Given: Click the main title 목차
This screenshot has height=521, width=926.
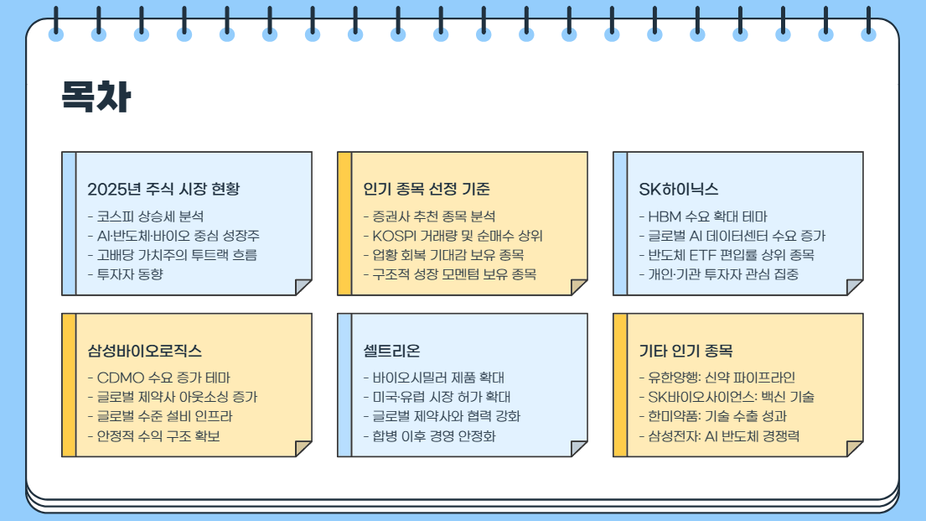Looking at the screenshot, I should [x=96, y=97].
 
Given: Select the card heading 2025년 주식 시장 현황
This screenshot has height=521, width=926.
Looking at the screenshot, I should [x=163, y=190].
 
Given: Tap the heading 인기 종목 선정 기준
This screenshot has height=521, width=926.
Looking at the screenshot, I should [x=427, y=190].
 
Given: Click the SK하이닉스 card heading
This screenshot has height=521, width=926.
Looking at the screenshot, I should [x=678, y=190].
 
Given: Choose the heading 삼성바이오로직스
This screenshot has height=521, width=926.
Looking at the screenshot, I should [x=144, y=351].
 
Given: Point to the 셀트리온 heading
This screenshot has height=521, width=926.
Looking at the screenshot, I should [x=391, y=351].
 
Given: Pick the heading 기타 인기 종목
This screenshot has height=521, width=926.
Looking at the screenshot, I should [x=685, y=351].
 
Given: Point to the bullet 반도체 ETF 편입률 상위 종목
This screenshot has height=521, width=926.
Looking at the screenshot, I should [x=726, y=255].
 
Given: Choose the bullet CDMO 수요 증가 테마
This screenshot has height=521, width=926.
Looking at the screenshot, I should [x=158, y=378].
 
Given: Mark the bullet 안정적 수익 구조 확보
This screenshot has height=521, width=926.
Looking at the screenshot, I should [x=153, y=435].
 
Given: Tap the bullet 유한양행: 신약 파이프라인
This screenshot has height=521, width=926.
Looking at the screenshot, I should [x=716, y=378].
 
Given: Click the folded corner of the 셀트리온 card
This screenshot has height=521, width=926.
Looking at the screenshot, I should [x=579, y=448].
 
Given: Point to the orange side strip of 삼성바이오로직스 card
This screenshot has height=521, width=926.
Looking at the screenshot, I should [x=69, y=385].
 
